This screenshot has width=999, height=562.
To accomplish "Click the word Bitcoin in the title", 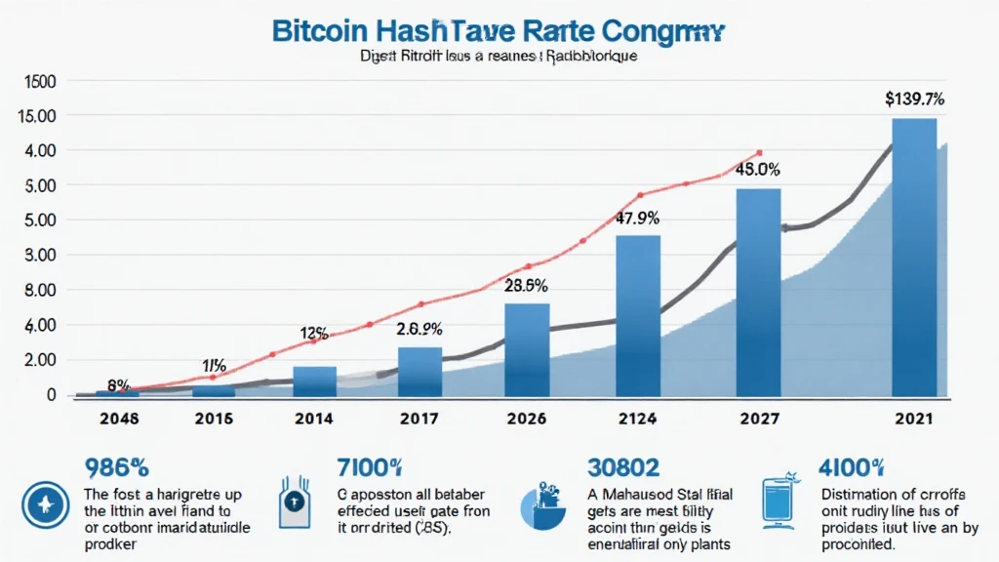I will coord(321,29).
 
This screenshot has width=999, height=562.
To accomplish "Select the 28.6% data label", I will coord(525,286).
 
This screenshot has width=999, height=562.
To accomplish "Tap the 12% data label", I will coord(314,332).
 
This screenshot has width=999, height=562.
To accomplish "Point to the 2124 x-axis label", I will coord(636,419).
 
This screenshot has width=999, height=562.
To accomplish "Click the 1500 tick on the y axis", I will coord(34,81).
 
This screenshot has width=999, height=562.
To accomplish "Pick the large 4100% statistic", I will coord(851,467).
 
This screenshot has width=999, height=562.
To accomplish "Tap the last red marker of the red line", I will coord(759,153).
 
